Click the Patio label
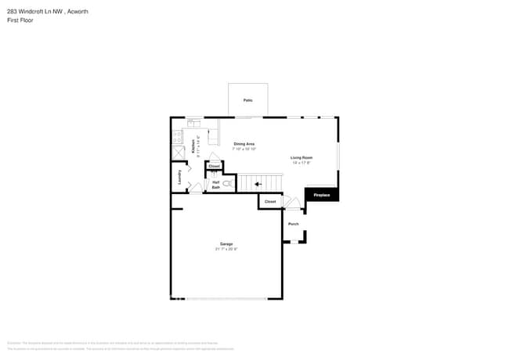(x=247, y=100)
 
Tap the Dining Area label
(x=244, y=144)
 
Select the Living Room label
(x=301, y=159)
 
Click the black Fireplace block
(x=322, y=195)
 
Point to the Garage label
(x=226, y=244)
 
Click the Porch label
(x=293, y=224)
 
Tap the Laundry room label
(x=180, y=177)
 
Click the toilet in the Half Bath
(x=227, y=184)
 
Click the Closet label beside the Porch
(x=270, y=202)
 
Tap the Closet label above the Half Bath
(x=214, y=166)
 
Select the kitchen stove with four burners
(x=177, y=135)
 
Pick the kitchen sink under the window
(x=193, y=122)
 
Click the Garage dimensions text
(x=226, y=249)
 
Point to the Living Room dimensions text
(x=301, y=164)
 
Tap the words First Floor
(x=20, y=20)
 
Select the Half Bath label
(x=215, y=185)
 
